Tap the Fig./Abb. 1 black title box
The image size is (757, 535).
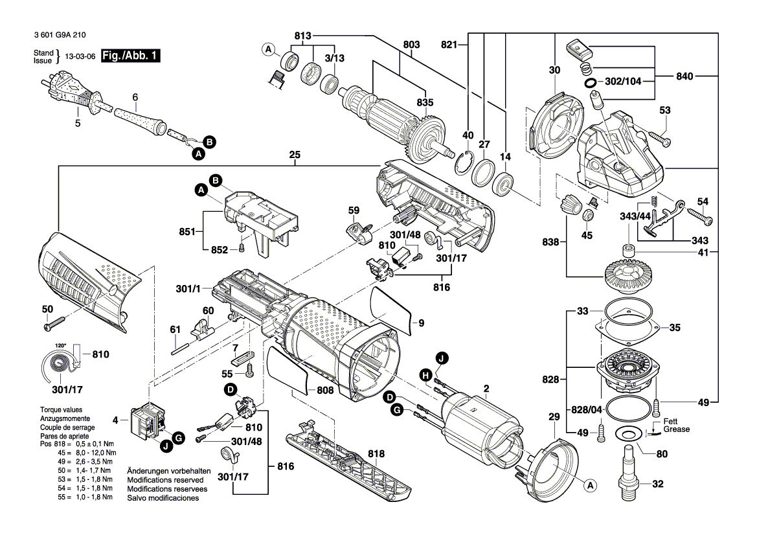130,56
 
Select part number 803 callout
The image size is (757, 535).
411,45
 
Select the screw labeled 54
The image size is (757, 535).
700,215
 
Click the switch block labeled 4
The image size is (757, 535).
147,422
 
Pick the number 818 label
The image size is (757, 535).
376,454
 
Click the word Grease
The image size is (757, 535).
676,429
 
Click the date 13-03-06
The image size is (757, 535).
80,56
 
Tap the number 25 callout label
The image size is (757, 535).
295,155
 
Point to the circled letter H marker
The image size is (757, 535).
425,375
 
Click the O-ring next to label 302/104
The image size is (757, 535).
591,83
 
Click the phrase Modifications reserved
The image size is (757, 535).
165,480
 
